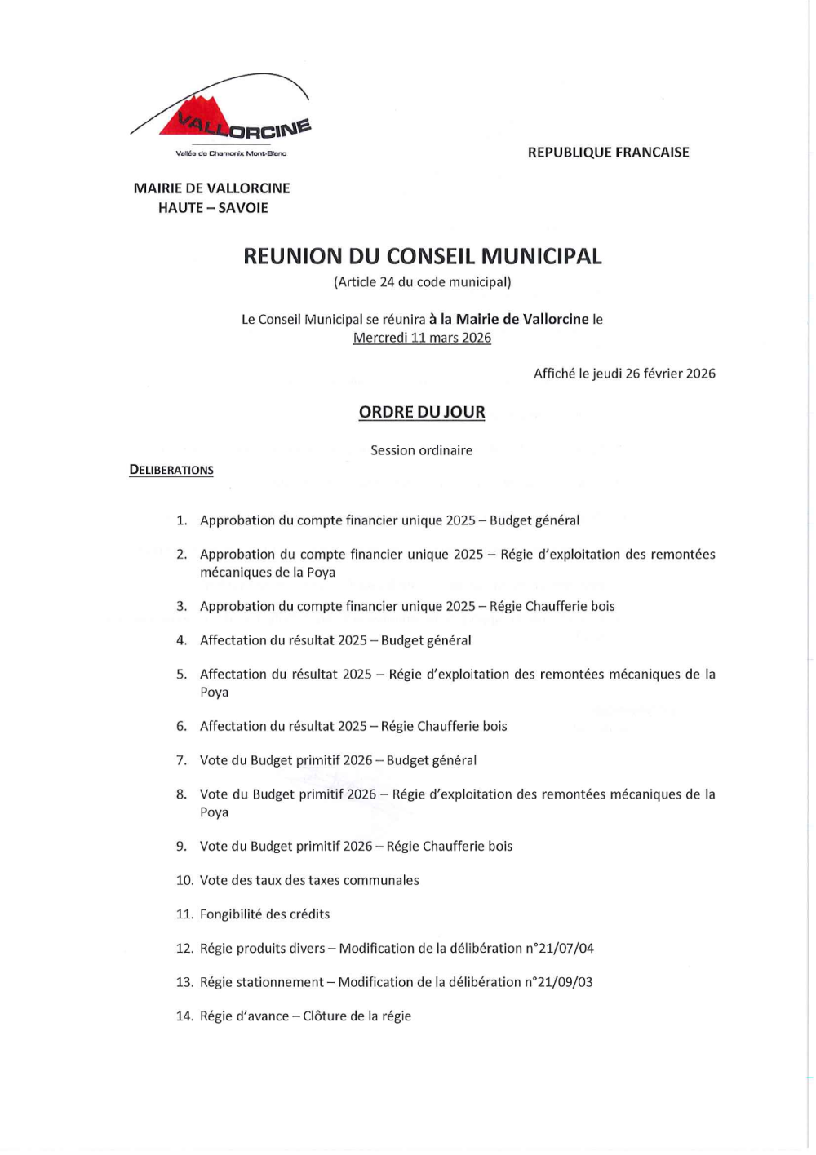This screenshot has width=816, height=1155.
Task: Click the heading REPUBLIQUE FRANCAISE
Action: (608, 153)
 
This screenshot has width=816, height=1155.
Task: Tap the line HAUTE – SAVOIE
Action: (213, 208)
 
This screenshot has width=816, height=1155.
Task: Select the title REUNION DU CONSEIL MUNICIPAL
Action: (422, 257)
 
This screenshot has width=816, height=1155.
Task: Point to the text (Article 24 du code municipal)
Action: (422, 282)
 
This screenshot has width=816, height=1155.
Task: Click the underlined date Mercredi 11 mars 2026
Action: (422, 338)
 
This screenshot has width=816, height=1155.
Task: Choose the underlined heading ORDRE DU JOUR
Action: (422, 413)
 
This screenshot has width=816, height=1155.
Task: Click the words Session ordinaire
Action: (421, 450)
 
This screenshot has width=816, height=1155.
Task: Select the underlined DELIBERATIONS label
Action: (171, 470)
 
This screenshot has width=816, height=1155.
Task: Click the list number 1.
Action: (181, 520)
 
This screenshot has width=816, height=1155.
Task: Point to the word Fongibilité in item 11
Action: (231, 914)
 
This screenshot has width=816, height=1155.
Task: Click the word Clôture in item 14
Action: (325, 1016)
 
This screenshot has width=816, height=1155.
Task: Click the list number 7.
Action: (181, 760)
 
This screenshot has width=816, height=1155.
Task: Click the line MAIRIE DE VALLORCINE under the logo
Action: (212, 188)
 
